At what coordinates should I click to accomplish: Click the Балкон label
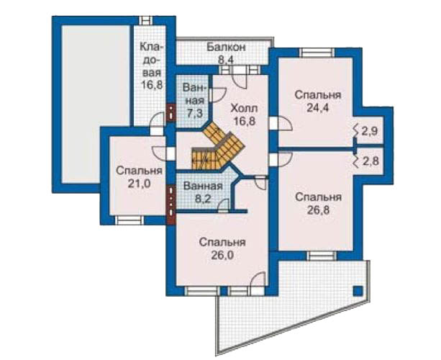click(x=226, y=47)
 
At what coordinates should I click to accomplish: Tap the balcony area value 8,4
click(x=226, y=59)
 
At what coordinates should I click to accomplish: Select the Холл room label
click(x=243, y=108)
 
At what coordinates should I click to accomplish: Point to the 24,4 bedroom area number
click(x=317, y=108)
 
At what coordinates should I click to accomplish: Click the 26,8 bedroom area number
click(x=318, y=210)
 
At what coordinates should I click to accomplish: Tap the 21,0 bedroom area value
click(x=140, y=184)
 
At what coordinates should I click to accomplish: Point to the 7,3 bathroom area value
click(x=196, y=114)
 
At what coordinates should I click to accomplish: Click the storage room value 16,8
click(x=152, y=84)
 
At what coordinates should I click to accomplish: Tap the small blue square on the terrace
click(x=358, y=290)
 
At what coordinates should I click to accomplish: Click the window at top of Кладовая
click(x=146, y=21)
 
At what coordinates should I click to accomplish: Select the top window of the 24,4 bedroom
click(x=317, y=53)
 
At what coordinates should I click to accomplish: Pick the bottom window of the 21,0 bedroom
click(x=129, y=220)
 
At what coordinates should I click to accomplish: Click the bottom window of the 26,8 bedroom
click(x=321, y=256)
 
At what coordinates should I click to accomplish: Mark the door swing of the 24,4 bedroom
click(x=285, y=124)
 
